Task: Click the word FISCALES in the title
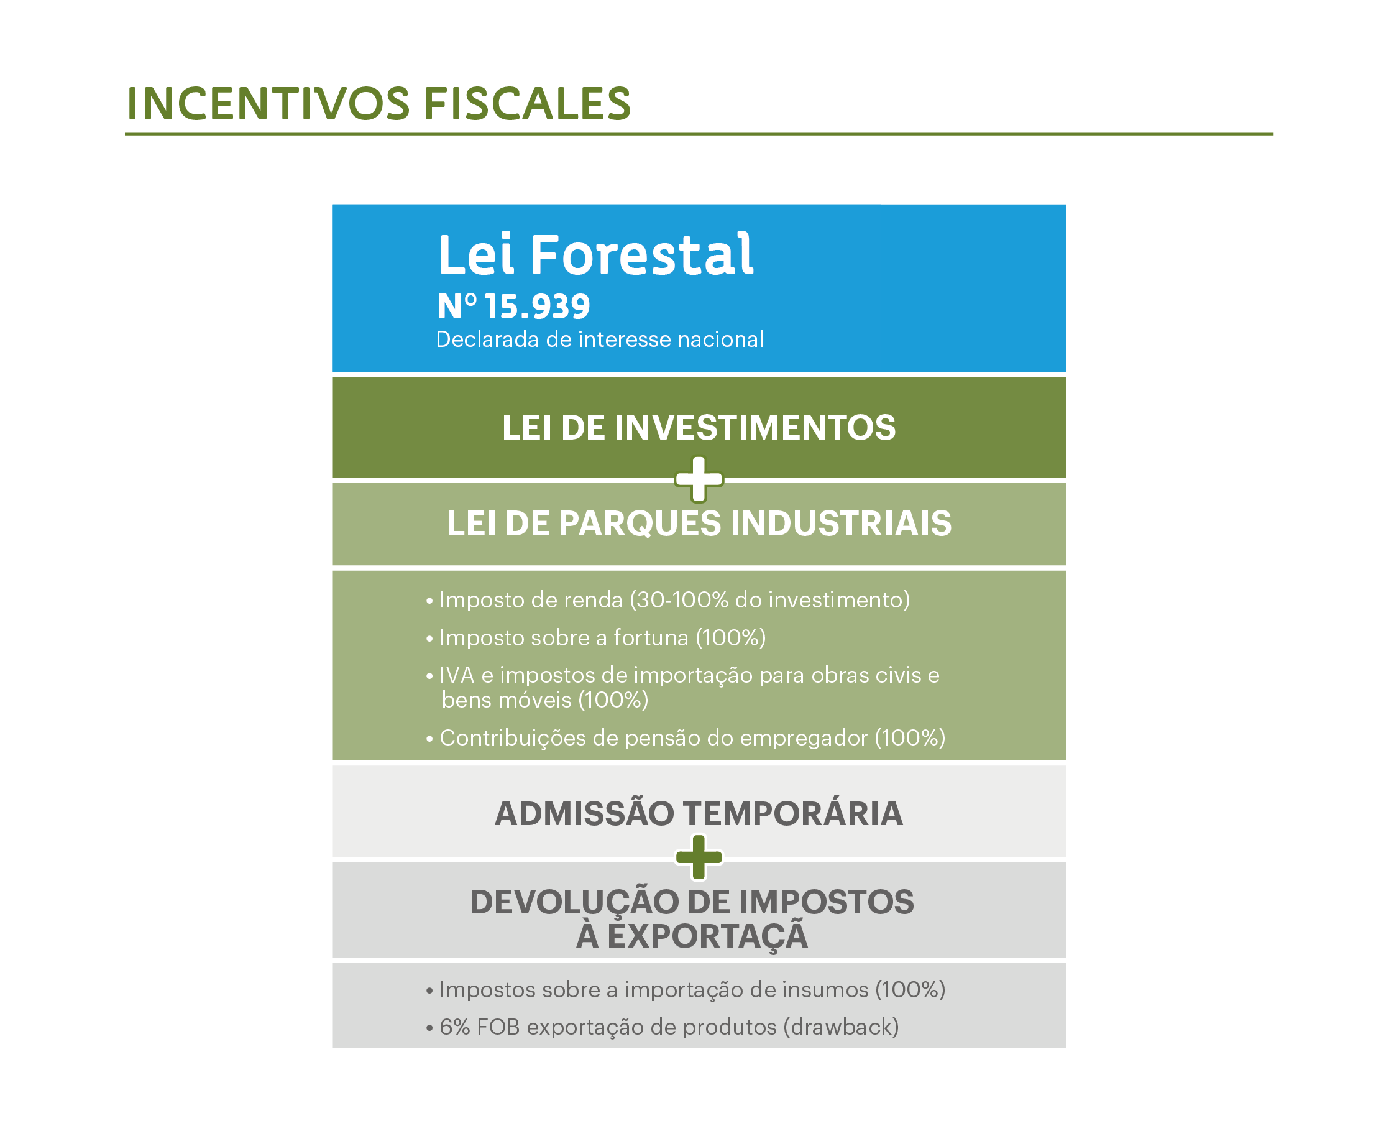527,103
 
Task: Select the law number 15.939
537,307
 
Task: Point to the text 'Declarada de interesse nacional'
599,339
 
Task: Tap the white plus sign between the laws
699,479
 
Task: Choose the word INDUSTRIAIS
840,524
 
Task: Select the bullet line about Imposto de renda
667,599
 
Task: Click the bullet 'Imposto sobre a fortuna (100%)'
596,637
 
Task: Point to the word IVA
457,675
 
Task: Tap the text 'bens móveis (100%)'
545,700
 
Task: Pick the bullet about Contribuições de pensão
686,738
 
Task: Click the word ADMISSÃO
584,813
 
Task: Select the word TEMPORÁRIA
794,813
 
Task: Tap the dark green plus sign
699,857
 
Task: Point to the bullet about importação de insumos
686,990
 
